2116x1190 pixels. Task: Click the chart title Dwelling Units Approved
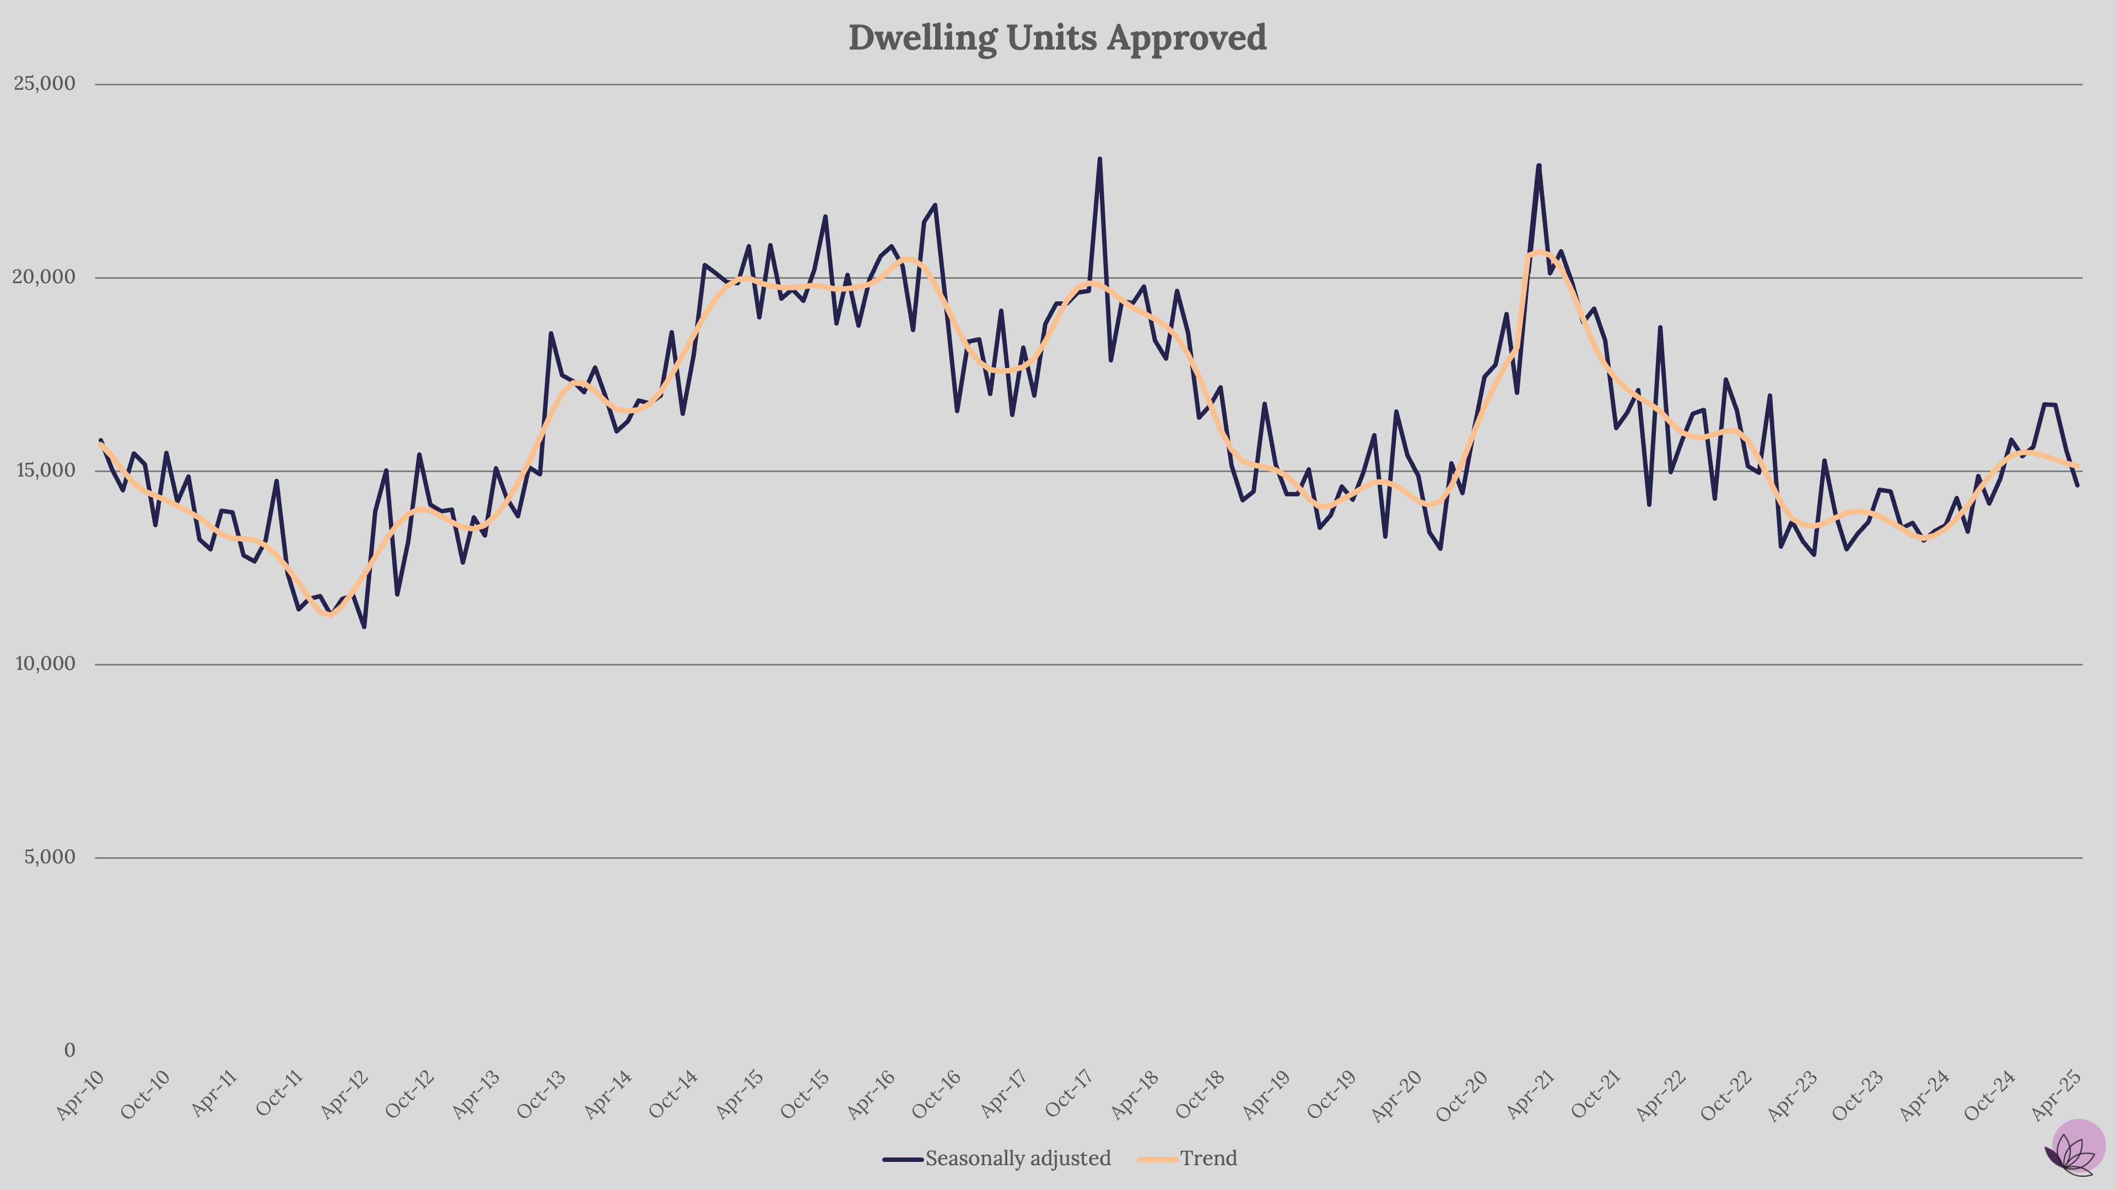(1057, 38)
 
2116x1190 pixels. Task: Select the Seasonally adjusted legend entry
(1017, 1159)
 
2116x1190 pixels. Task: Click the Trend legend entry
(1207, 1159)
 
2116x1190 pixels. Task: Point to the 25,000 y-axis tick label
(45, 84)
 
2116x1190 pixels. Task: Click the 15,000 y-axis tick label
(45, 470)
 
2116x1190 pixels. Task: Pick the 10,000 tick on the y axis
(45, 663)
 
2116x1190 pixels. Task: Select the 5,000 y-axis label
(49, 857)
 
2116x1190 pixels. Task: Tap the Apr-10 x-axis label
(80, 1095)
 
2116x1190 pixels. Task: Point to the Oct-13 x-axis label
(542, 1095)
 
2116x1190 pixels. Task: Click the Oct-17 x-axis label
(1070, 1095)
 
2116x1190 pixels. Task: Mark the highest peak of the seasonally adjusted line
(1099, 159)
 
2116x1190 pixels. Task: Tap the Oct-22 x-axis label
(1728, 1095)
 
